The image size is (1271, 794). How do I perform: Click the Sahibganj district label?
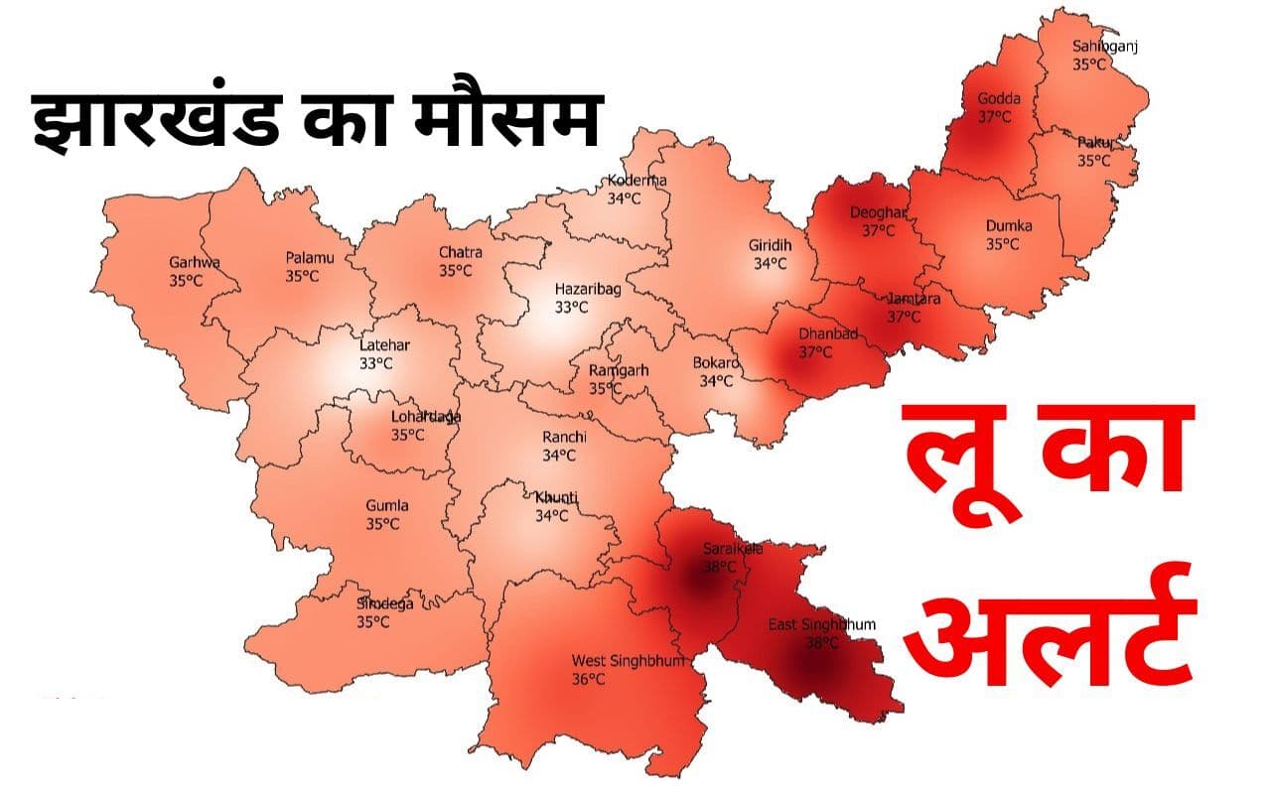pyautogui.click(x=1103, y=46)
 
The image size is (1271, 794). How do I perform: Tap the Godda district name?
pyautogui.click(x=998, y=98)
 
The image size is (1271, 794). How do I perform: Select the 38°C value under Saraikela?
pyautogui.click(x=720, y=567)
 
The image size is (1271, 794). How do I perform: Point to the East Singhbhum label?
pyautogui.click(x=821, y=624)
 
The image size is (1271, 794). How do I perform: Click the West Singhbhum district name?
pyautogui.click(x=628, y=660)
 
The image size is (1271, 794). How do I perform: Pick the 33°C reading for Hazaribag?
pyautogui.click(x=571, y=307)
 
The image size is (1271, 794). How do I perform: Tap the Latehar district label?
pyautogui.click(x=384, y=345)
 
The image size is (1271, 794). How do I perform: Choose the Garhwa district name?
pyautogui.click(x=194, y=263)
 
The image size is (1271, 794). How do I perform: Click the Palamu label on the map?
pyautogui.click(x=310, y=258)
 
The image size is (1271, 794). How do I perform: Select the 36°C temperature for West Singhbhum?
pyautogui.click(x=588, y=679)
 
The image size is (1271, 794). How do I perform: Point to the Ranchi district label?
pyautogui.click(x=564, y=437)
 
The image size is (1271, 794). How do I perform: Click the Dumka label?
pyautogui.click(x=1008, y=225)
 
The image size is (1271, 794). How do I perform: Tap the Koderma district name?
pyautogui.click(x=637, y=180)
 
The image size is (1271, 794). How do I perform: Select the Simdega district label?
pyautogui.click(x=385, y=603)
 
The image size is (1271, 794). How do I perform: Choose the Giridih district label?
pyautogui.click(x=771, y=245)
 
